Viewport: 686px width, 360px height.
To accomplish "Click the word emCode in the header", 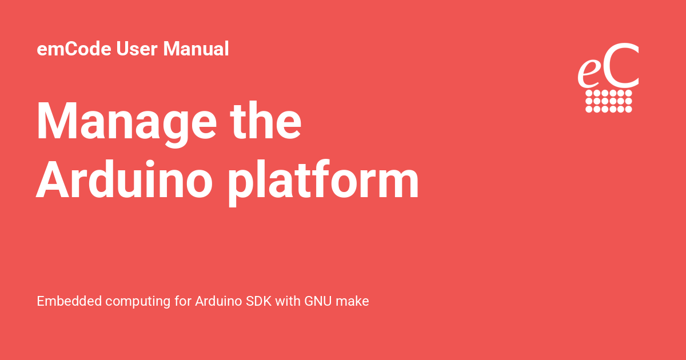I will click(75, 49).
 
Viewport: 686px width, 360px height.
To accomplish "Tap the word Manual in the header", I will click(196, 49).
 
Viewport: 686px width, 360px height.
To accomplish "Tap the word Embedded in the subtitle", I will click(69, 301).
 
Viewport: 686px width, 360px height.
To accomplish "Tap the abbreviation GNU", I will click(318, 301).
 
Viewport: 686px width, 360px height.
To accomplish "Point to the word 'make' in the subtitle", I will click(353, 301).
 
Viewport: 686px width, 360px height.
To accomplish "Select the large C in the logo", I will click(620, 66).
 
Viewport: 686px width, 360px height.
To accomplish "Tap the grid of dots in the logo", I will click(609, 101).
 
